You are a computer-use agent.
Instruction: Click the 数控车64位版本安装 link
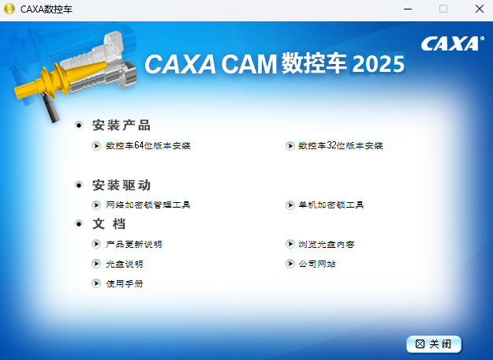click(148, 146)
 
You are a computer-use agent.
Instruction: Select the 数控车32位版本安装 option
click(340, 146)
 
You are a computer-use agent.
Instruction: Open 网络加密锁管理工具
click(148, 205)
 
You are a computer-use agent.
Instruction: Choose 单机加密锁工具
click(331, 205)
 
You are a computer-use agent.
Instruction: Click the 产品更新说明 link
click(133, 245)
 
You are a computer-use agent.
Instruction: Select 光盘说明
click(124, 264)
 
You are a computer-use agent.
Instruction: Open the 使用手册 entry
click(124, 283)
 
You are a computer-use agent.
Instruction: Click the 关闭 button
click(434, 344)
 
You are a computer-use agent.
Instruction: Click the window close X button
click(479, 9)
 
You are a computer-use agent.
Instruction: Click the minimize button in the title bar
click(406, 9)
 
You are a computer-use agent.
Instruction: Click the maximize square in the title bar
click(443, 9)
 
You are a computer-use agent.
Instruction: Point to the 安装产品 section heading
click(121, 126)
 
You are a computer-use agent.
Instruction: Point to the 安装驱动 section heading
click(121, 186)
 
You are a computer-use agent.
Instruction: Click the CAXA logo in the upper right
click(452, 43)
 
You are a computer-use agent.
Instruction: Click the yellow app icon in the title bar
click(9, 9)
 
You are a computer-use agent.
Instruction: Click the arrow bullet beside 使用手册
click(96, 283)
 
